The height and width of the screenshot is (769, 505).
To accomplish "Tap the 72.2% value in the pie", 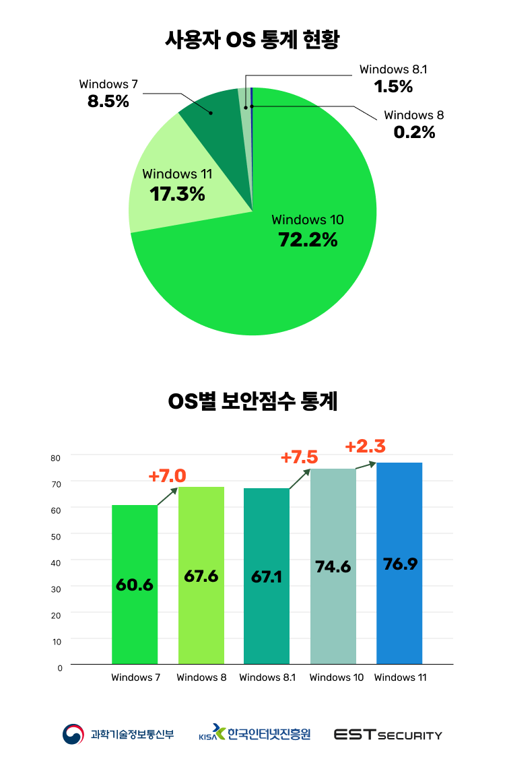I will click(x=308, y=239).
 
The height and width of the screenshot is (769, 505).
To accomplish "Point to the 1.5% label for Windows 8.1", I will click(x=393, y=86).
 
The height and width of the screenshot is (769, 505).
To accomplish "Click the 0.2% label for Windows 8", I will click(x=414, y=132).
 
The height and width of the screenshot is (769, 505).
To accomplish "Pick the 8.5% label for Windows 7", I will click(x=108, y=102).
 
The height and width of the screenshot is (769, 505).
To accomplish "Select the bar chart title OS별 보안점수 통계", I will click(x=252, y=402).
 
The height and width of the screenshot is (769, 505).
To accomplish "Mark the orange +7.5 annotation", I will click(x=299, y=457).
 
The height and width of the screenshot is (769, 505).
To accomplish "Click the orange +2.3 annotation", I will click(x=365, y=446).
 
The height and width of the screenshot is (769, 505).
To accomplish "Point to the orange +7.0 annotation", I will click(x=167, y=476).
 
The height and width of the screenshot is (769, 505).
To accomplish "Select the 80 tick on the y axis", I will click(x=56, y=457).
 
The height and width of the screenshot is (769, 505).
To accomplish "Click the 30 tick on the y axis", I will click(x=56, y=589).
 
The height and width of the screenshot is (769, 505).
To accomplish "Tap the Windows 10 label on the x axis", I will click(x=336, y=677).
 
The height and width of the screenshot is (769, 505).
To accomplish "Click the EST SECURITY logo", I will click(x=388, y=735).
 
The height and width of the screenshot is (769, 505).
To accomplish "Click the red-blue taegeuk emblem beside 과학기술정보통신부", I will click(x=74, y=735).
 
